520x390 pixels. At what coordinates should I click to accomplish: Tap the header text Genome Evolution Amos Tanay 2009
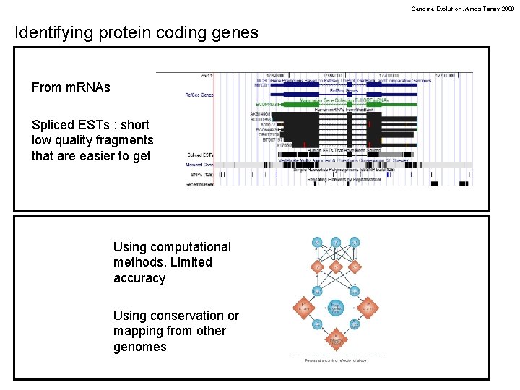[462, 9]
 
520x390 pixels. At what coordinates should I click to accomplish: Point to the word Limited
[191, 262]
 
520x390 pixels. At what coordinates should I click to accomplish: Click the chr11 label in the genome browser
[207, 75]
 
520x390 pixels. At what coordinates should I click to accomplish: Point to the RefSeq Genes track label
[199, 95]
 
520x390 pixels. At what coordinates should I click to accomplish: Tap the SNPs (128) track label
[199, 174]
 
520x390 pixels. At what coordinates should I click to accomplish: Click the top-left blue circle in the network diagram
[317, 242]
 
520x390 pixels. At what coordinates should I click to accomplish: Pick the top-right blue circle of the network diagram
[355, 242]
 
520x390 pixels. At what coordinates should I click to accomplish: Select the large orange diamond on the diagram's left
[302, 308]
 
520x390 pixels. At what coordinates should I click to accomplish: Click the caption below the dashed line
[336, 360]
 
